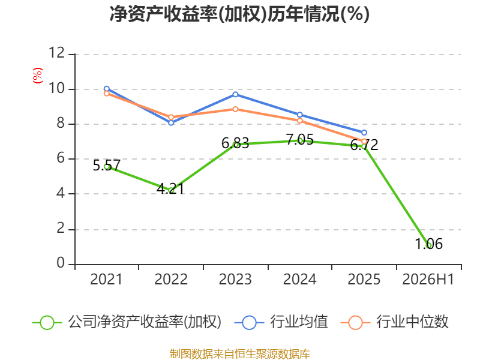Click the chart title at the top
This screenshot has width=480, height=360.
click(239, 14)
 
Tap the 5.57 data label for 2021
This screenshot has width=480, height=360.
click(107, 166)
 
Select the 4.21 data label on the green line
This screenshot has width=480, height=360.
click(170, 188)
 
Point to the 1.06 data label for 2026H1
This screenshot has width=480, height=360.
click(429, 244)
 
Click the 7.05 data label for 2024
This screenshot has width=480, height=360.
click(299, 140)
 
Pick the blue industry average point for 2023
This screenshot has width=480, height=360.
click(235, 95)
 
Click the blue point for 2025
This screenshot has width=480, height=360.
click(364, 133)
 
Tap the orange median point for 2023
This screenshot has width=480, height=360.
click(235, 109)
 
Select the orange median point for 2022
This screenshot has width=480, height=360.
click(171, 117)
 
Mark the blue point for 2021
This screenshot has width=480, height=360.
click(107, 89)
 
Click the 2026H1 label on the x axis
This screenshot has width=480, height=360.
click(428, 280)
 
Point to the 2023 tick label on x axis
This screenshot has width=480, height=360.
click(235, 280)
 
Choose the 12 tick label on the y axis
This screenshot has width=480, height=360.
click(57, 53)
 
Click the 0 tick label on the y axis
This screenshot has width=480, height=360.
click(61, 263)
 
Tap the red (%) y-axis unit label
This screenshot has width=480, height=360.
click(38, 76)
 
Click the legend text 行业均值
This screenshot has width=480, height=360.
click(299, 322)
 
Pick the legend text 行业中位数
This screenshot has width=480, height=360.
click(412, 322)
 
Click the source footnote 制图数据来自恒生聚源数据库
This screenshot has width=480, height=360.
click(239, 354)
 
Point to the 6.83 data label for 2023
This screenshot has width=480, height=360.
click(235, 143)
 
